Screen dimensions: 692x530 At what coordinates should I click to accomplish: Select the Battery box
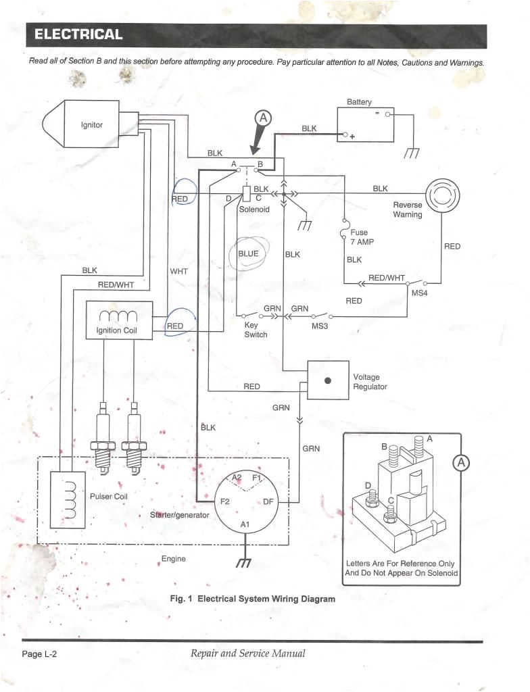coord(365,124)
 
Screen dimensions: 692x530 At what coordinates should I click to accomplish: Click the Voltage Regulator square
coord(328,380)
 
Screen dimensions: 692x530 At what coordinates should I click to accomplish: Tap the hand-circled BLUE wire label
coord(249,253)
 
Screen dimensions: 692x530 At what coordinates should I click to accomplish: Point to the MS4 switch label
coord(419,293)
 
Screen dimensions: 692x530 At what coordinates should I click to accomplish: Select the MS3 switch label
coord(320,326)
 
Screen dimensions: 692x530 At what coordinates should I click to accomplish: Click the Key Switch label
coord(256,330)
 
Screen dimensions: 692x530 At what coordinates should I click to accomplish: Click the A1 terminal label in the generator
coord(245,524)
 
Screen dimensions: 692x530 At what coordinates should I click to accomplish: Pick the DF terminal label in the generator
coord(268,501)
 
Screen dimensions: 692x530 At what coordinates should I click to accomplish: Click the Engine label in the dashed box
coord(173,559)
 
